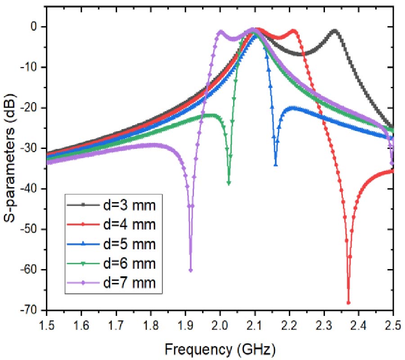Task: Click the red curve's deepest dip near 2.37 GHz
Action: (x=348, y=302)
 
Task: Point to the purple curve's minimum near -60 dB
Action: (x=191, y=270)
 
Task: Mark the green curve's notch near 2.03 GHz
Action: (x=229, y=183)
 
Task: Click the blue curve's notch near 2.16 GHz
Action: (x=275, y=165)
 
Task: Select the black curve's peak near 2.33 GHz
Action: (x=334, y=31)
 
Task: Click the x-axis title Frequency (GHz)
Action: (x=220, y=348)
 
